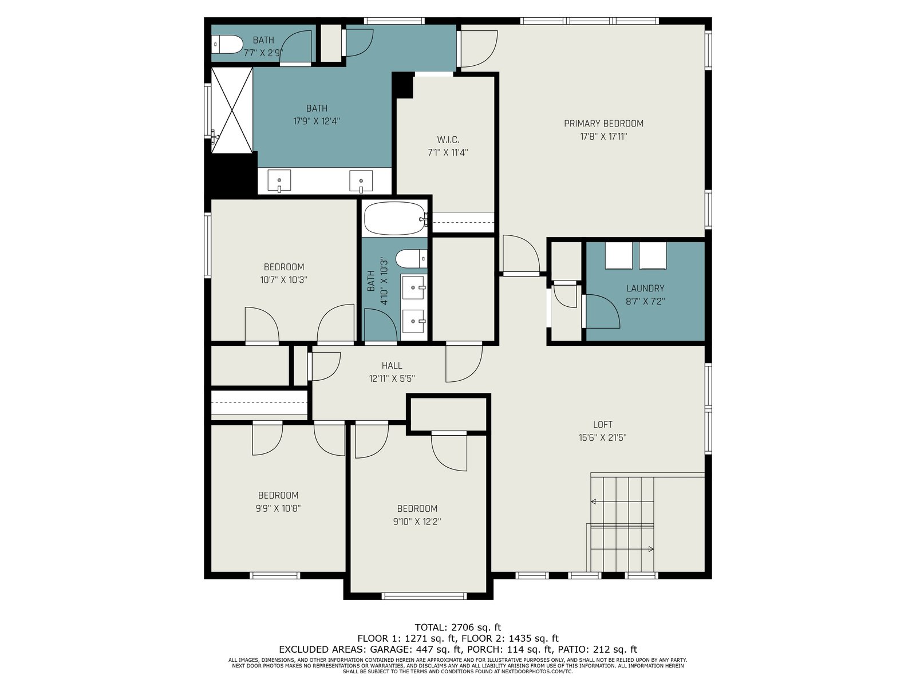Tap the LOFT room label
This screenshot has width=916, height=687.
(x=603, y=425)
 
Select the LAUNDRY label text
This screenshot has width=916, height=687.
(x=645, y=288)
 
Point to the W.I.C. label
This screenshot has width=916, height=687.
(x=448, y=139)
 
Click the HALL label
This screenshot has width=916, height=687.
(x=392, y=365)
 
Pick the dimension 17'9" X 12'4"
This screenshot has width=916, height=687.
(x=317, y=121)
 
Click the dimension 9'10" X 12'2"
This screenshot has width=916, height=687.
(x=417, y=522)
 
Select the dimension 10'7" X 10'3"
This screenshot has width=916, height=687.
(x=284, y=280)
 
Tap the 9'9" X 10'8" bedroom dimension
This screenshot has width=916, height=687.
(x=278, y=508)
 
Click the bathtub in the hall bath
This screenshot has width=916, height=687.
(x=395, y=218)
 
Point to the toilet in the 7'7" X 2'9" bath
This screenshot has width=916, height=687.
(x=227, y=44)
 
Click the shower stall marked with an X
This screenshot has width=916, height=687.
(x=232, y=110)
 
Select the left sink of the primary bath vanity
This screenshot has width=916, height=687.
(x=279, y=180)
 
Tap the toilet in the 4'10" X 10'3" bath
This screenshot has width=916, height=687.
(x=411, y=259)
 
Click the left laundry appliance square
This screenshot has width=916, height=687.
(x=618, y=256)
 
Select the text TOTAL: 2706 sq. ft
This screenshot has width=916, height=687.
(x=458, y=627)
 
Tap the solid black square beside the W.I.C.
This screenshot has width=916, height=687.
(x=403, y=85)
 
